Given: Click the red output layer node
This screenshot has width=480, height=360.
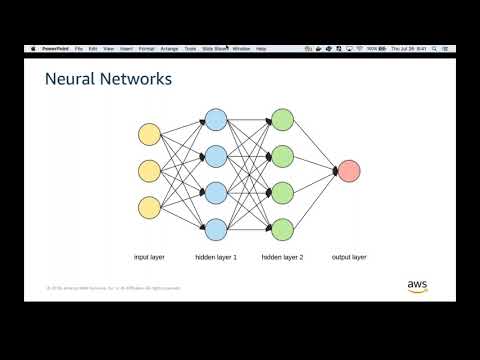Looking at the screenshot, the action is tap(348, 171).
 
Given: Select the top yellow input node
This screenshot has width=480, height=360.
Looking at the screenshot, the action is tap(150, 134).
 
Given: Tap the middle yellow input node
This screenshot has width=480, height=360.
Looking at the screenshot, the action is tap(150, 171).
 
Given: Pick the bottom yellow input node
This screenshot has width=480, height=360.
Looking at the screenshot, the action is tap(150, 208).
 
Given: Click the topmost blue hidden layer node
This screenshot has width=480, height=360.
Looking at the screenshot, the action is tap(215, 120).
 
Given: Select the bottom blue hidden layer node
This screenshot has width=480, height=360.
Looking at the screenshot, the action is tap(215, 227).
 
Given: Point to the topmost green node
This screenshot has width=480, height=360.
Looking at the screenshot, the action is tap(282, 120).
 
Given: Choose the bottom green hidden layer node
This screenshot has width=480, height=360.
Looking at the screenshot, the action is tap(282, 227).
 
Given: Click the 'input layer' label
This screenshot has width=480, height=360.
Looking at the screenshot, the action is tap(149, 257).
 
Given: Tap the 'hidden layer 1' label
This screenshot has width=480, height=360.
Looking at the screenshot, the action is tap(215, 257).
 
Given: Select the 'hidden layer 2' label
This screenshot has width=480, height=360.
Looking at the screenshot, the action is tap(282, 257).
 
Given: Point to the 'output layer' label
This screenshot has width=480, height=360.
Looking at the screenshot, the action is tap(349, 257).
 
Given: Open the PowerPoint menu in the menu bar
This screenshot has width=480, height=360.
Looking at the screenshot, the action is tap(55, 48).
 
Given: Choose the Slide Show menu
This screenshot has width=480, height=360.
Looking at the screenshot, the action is tap(214, 48).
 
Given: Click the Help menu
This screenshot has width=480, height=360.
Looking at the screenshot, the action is tap(262, 48).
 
